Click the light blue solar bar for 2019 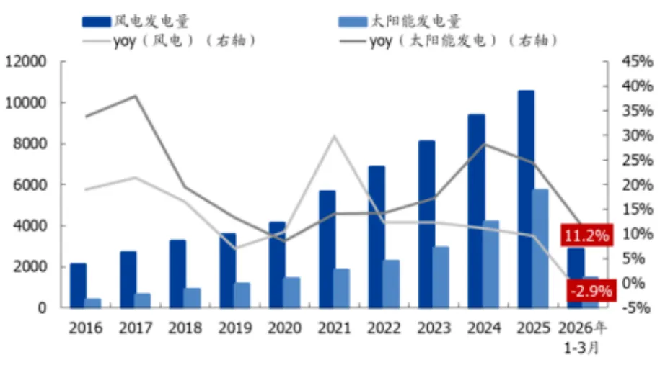pyautogui.click(x=242, y=294)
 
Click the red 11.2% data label pyautogui.click(x=586, y=235)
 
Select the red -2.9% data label pyautogui.click(x=590, y=292)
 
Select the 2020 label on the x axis pyautogui.click(x=284, y=328)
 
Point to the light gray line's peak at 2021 pyautogui.click(x=334, y=135)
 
